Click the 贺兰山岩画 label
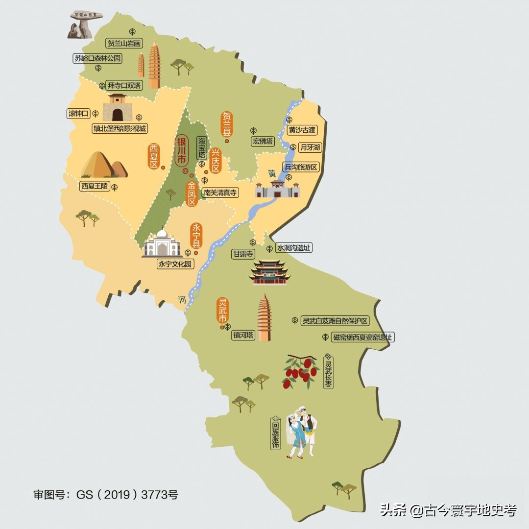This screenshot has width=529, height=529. [x=124, y=44]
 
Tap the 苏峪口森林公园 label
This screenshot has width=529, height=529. [x=97, y=59]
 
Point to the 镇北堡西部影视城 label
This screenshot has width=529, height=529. [x=120, y=129]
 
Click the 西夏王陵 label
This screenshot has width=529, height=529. [x=95, y=187]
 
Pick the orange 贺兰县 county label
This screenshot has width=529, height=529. [x=227, y=124]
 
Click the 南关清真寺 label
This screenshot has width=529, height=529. [x=220, y=193]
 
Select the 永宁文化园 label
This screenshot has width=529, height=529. [x=175, y=264]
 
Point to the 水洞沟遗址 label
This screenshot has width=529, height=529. [x=294, y=248]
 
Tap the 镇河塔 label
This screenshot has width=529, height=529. [x=243, y=336]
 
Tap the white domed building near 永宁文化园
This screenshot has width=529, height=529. [x=162, y=244]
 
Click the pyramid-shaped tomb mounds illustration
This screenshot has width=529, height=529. [x=103, y=165]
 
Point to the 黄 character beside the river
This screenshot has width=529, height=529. [x=272, y=174]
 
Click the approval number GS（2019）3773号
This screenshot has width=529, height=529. [x=105, y=494]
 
